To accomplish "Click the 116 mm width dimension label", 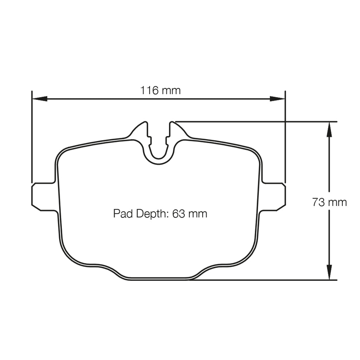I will tap(160, 90).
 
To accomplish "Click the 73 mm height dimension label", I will tap(329, 202).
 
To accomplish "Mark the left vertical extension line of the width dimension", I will tap(32, 141).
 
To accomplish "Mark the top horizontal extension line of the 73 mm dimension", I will tap(257, 122).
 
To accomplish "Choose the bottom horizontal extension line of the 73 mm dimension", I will tap(264, 280).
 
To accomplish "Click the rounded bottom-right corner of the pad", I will tap(246, 257).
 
